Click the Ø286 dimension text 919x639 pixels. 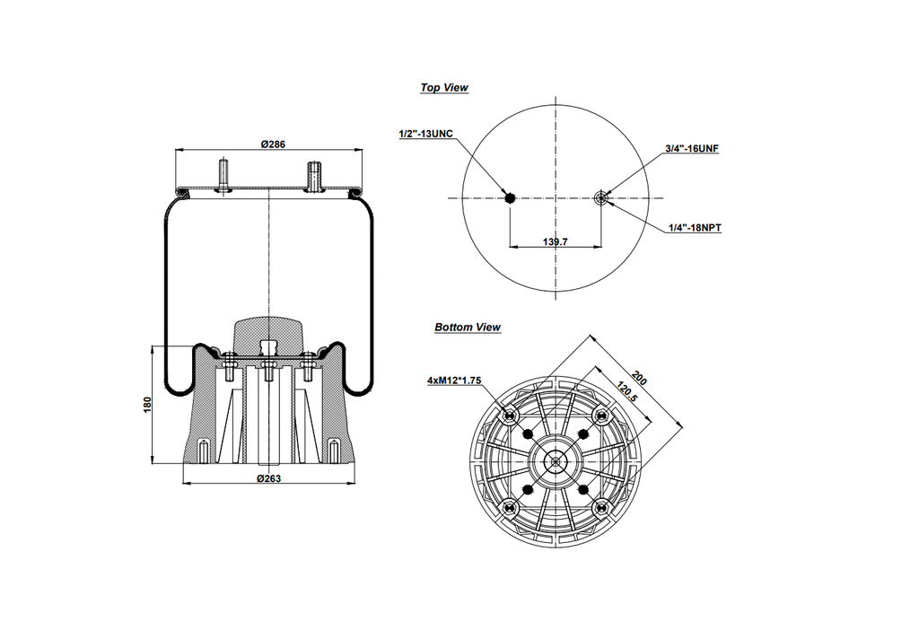coord(273,144)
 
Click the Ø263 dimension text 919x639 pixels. coord(269,478)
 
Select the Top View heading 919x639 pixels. coord(444,88)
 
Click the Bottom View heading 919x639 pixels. coord(468,328)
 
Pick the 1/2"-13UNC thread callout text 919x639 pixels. coord(425,134)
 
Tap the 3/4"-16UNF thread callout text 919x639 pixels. coord(692,148)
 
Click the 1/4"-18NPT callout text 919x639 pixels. coord(695,228)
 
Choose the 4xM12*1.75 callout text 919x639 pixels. coord(454,381)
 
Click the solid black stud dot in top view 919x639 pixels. coord(510,198)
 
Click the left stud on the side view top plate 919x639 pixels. coord(223,173)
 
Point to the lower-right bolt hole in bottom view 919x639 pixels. coord(603,508)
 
